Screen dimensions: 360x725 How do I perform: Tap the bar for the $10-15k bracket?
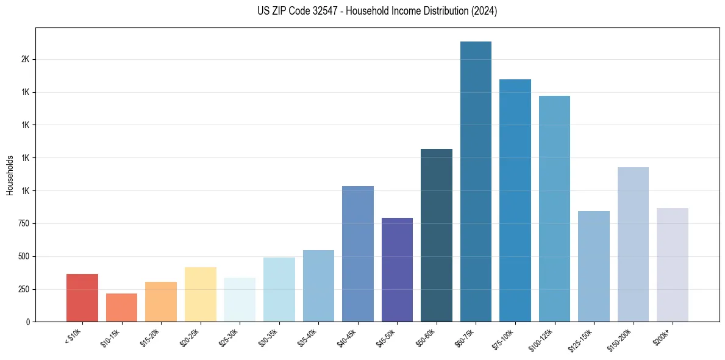(121, 308)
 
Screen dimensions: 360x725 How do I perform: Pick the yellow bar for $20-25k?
(200, 294)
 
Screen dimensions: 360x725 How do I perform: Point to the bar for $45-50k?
(397, 270)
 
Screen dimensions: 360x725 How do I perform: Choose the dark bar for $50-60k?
(437, 235)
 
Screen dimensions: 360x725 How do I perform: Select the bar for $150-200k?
(633, 244)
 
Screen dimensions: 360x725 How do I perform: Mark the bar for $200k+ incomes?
(673, 265)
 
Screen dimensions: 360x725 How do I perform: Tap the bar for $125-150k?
(594, 266)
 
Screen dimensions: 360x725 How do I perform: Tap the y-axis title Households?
(10, 175)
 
